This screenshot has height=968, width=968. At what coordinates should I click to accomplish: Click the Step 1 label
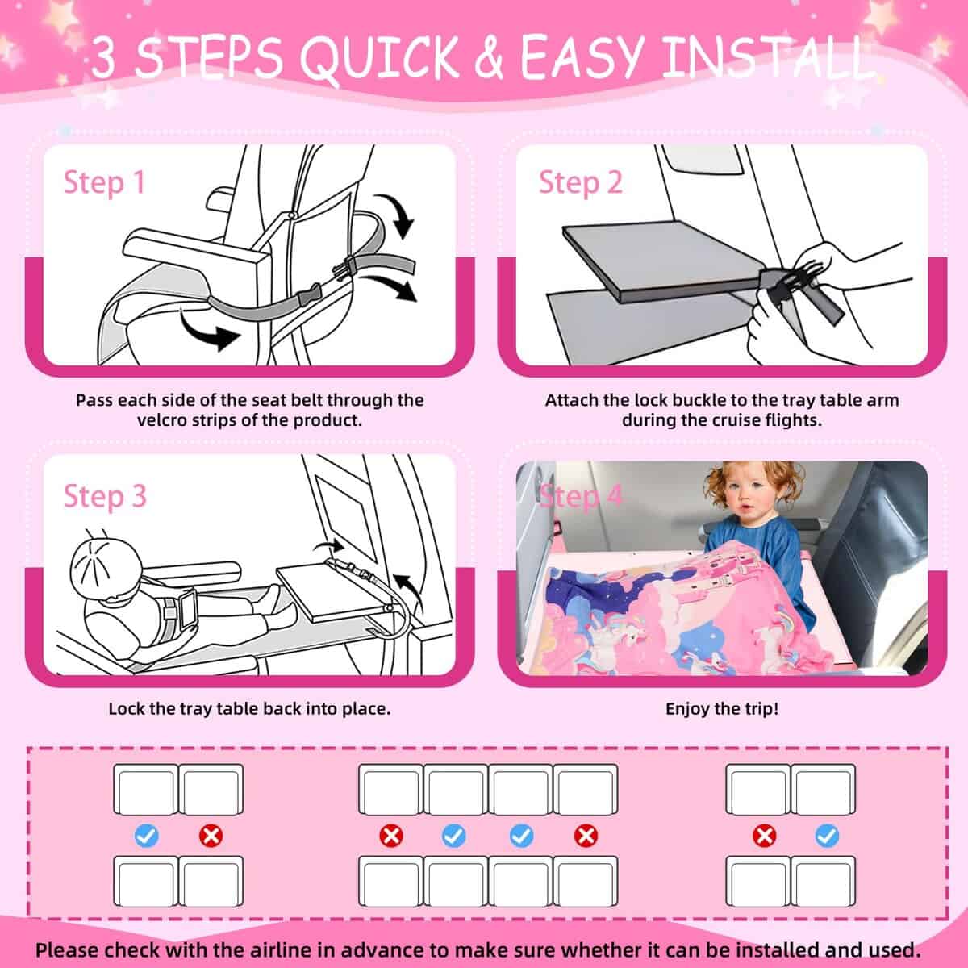(x=104, y=182)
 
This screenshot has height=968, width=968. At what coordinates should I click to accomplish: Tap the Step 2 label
(x=581, y=182)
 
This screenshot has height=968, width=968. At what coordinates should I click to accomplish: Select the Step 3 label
(x=105, y=495)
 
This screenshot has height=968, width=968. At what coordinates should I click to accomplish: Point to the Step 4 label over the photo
(x=581, y=495)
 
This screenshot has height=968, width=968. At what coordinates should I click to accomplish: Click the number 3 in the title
(x=103, y=58)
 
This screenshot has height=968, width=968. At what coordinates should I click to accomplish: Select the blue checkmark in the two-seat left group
(x=146, y=836)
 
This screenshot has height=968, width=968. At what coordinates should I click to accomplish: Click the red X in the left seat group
(x=211, y=836)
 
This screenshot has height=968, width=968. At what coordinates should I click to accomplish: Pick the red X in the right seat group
(x=763, y=836)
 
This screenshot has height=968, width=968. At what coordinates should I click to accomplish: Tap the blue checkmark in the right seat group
(x=827, y=836)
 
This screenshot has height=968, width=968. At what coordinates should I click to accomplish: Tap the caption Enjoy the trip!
(x=722, y=709)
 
